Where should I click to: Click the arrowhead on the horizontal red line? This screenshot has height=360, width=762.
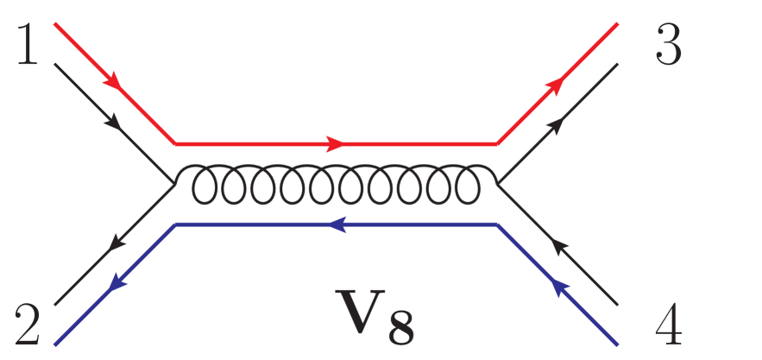click(337, 142)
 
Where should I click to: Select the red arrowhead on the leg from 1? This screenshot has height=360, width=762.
click(113, 82)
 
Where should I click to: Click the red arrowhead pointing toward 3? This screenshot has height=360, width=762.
click(558, 83)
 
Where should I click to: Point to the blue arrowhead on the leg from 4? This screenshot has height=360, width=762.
click(558, 286)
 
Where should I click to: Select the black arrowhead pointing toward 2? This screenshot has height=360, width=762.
click(113, 245)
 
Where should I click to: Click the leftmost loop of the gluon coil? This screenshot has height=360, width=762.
click(205, 183)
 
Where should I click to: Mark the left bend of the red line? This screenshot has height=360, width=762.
click(175, 142)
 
